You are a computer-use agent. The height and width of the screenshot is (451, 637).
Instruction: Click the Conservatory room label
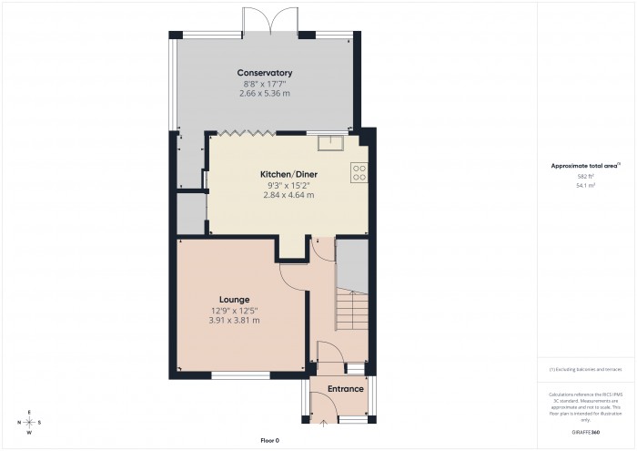265,73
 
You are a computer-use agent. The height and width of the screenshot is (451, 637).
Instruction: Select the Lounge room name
234,299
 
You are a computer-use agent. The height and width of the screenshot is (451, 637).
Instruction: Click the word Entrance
346,389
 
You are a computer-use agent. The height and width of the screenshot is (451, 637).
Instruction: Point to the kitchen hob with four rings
359,171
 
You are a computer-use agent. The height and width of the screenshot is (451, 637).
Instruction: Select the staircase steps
351,310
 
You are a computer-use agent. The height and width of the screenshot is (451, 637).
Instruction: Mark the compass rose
29,423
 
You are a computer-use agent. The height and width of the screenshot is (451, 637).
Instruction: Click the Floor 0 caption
269,440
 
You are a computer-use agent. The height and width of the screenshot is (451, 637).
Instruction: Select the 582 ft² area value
585,176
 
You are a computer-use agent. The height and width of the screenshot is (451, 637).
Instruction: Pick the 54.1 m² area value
585,185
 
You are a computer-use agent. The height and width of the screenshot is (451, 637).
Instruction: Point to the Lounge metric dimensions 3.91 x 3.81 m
234,320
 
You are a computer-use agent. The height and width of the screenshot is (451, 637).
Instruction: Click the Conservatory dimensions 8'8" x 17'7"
265,83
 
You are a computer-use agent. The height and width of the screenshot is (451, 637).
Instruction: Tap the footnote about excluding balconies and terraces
586,369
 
